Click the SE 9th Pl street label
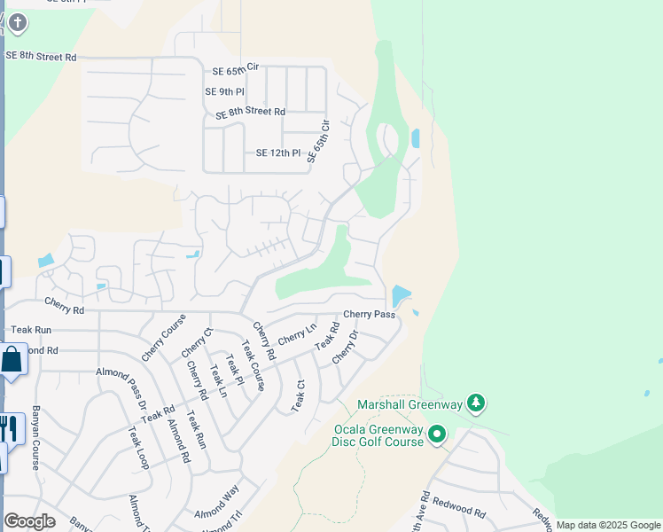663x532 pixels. click(224, 91)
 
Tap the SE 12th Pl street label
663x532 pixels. click(278, 153)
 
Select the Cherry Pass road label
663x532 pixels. click(369, 314)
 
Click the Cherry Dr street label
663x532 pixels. click(345, 347)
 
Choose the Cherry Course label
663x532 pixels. click(164, 338)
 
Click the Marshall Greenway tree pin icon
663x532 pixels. click(477, 404)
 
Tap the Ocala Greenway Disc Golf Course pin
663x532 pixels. click(437, 434)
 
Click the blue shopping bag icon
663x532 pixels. click(12, 360)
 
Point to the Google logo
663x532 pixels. click(29, 521)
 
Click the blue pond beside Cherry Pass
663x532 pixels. click(401, 295)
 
